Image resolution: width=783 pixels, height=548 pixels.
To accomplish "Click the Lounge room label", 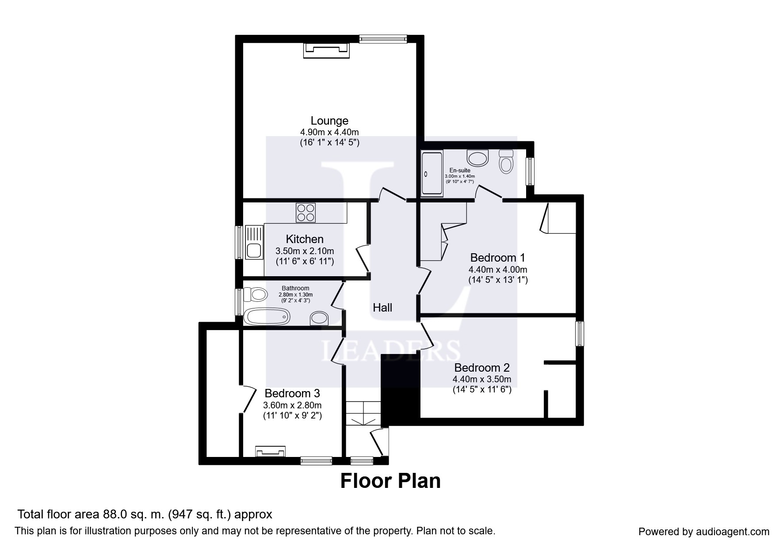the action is tap(329, 121).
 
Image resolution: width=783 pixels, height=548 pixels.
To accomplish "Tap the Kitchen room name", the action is tap(305, 239).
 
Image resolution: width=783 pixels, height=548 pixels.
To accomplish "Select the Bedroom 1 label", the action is tap(498, 257).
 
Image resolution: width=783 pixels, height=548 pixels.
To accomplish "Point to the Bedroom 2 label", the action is tap(482, 368).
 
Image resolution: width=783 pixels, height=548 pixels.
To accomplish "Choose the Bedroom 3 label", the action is tap(292, 393).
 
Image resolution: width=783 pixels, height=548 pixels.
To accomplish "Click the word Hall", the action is tap(382, 308).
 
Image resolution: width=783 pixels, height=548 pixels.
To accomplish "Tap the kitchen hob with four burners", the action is tap(306, 212).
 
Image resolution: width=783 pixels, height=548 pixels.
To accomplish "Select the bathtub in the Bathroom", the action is tap(267, 316).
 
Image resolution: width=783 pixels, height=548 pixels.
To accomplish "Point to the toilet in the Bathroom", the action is tap(256, 293).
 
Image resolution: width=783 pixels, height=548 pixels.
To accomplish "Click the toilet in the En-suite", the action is tap(506, 162).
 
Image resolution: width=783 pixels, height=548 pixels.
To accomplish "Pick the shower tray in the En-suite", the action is tap(432, 173).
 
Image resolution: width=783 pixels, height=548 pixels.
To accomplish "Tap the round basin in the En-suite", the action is tap(477, 158).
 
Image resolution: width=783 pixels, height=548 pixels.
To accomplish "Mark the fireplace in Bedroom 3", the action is tap(270, 452).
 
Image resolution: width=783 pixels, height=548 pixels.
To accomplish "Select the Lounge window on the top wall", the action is tap(383, 39).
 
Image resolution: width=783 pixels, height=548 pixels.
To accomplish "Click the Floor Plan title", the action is tap(390, 481).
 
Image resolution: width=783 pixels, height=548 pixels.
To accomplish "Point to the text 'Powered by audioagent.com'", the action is tap(704, 532).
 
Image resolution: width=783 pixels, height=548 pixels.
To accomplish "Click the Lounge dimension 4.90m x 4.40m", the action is tap(329, 132).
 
